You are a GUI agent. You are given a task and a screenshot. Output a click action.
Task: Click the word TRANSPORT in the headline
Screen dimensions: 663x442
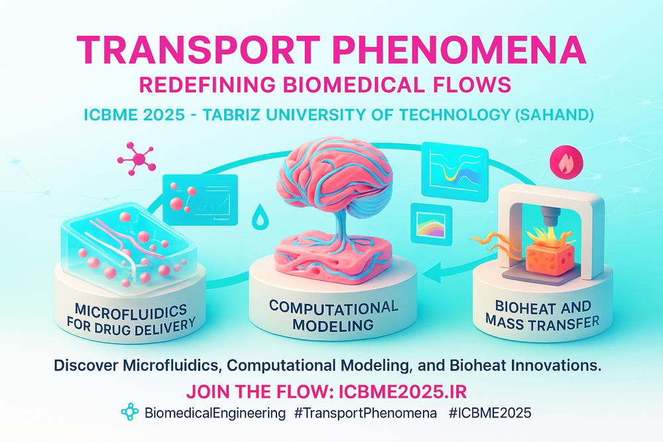[198, 50]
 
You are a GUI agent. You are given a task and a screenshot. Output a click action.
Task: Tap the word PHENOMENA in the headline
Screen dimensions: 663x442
[459, 50]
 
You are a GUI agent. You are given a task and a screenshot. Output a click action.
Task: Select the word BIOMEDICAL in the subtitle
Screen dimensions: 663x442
[353, 85]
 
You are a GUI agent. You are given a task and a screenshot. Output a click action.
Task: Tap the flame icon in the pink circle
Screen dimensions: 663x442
[566, 163]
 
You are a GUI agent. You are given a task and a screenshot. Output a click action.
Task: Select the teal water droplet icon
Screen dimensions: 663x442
[260, 216]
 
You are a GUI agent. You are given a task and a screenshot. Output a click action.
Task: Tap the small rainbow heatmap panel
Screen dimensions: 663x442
[432, 224]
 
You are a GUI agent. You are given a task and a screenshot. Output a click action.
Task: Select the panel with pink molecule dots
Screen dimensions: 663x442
[200, 200]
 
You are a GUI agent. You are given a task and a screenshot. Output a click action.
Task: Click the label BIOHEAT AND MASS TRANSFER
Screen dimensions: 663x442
[543, 315]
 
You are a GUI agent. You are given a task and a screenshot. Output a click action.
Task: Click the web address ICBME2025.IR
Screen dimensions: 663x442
[403, 392]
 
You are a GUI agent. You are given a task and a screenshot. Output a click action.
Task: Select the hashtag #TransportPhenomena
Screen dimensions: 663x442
[366, 413]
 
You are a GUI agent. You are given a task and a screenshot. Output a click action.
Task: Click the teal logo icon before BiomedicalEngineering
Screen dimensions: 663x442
[130, 412]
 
